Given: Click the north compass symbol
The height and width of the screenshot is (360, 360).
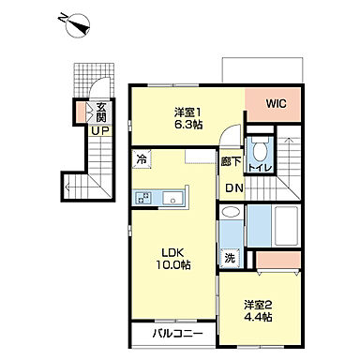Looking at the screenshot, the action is tap(77, 24).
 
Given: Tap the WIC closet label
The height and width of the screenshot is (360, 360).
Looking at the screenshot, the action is tap(276, 103).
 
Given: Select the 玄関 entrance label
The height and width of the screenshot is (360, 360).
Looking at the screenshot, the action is tap(101, 112).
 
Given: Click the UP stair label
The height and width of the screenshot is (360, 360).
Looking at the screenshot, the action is tap(100, 131).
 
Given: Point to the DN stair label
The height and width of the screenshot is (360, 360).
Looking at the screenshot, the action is tap(234, 188).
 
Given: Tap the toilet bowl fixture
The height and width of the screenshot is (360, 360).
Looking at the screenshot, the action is tap(259, 151).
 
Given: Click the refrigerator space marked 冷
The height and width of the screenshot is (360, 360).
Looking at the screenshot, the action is tap(142, 159).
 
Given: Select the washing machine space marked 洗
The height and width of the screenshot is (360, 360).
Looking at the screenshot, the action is tap(230, 258).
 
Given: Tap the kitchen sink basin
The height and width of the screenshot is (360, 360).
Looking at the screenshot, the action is tap(172, 198).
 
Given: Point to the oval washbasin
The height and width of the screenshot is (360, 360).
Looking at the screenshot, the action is tap(231, 212).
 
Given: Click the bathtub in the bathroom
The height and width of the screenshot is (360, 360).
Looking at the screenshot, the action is tap(286, 226).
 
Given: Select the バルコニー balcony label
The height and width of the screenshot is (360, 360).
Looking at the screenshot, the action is tap(177, 334).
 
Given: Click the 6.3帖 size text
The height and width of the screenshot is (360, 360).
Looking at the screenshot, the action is tap(188, 125).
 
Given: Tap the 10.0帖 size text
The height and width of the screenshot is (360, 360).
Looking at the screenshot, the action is tap(173, 265).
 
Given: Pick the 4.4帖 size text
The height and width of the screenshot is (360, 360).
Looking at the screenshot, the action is tap(258, 317).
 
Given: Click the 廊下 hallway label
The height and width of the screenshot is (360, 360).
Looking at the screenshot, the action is tap(232, 161).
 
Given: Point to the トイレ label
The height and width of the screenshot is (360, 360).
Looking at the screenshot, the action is tap(259, 168).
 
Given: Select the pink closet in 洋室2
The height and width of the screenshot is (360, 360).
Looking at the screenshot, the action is tap(278, 260).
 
